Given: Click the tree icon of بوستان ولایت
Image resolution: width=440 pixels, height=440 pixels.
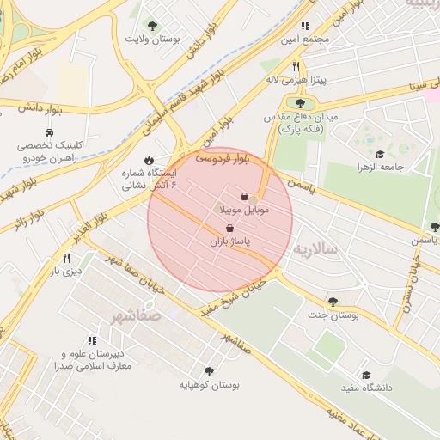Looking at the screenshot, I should [x=153, y=26].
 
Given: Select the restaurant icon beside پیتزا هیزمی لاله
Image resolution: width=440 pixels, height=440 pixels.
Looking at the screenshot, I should [x=295, y=66].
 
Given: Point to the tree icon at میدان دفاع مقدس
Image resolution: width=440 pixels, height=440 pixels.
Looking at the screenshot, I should [x=300, y=103].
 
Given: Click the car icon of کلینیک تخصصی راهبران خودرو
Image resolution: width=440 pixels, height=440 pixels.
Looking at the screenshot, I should [x=49, y=133].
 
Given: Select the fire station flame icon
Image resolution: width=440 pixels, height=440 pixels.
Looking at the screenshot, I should [x=150, y=160].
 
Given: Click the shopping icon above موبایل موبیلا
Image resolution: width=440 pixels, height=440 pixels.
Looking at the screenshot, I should [x=246, y=197].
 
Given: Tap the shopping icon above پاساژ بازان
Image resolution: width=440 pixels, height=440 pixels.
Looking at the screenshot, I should [x=229, y=229].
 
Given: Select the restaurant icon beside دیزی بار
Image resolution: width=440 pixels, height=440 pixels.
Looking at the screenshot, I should [x=66, y=258].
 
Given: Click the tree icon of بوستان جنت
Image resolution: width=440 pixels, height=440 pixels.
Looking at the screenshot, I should [x=333, y=302].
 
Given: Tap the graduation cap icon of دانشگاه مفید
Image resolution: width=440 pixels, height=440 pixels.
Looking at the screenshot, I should [x=366, y=376].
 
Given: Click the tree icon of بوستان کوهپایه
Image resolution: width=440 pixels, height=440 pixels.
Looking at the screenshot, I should [x=208, y=371].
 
